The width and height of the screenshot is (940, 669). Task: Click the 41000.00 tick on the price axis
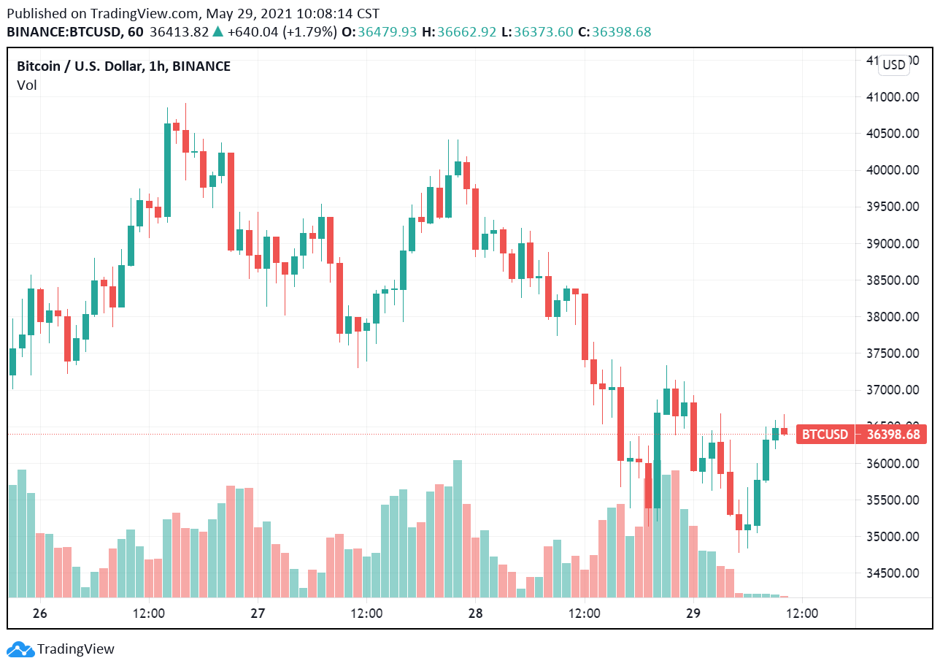tap(898, 97)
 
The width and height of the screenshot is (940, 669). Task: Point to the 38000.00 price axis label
tap(898, 317)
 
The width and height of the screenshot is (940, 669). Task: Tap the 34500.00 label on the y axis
tap(898, 573)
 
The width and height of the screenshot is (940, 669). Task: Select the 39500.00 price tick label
tap(898, 207)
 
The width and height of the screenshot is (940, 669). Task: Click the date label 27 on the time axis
tap(258, 613)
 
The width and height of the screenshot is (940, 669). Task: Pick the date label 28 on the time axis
tap(475, 613)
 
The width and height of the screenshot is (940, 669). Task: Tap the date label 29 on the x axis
tap(693, 613)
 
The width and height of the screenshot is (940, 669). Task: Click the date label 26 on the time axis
tap(40, 613)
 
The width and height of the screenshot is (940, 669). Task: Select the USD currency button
tap(893, 65)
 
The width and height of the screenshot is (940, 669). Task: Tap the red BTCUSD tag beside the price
tap(825, 435)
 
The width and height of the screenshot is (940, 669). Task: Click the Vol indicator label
tap(27, 85)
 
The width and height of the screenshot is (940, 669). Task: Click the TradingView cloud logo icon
tap(20, 649)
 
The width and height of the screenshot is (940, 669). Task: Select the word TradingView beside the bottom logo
tap(76, 649)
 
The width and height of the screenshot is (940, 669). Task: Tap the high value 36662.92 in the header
tap(465, 32)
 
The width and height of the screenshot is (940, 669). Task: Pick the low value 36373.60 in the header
tap(544, 32)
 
